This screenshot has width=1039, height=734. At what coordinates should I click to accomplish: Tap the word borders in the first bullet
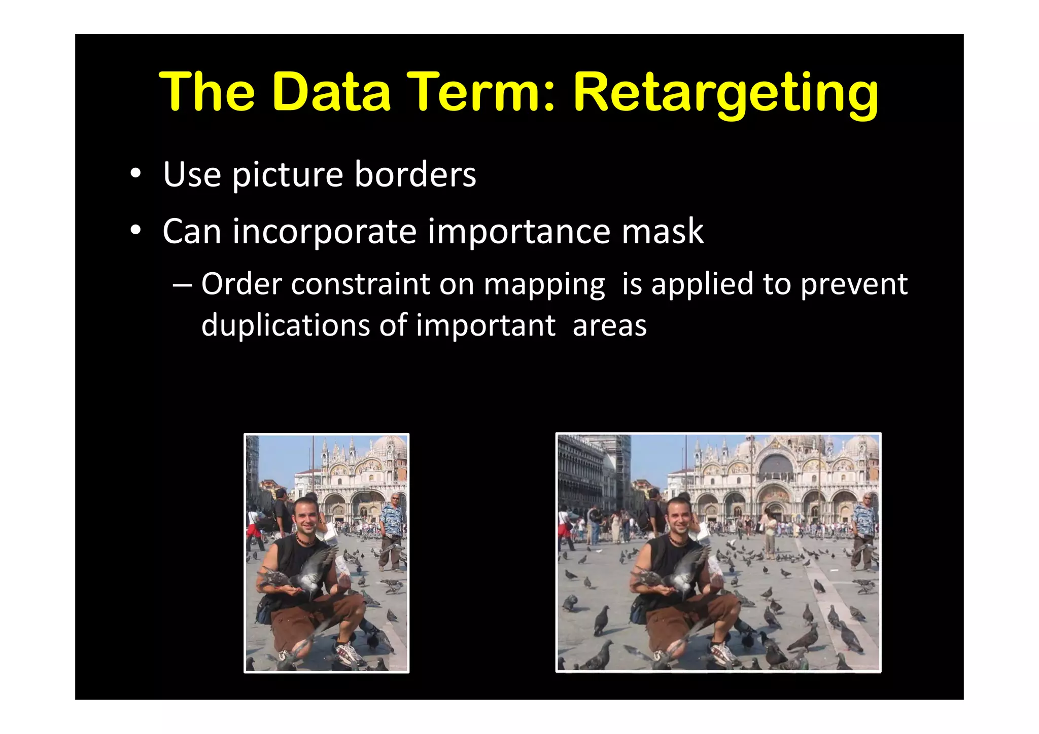coord(415,174)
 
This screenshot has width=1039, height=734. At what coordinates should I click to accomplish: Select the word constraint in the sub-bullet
coord(360,284)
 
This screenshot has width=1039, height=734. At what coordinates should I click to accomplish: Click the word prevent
coord(853,284)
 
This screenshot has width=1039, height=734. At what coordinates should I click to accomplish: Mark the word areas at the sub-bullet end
coord(609,325)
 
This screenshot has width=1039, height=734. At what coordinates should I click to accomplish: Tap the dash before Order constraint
coord(182,284)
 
